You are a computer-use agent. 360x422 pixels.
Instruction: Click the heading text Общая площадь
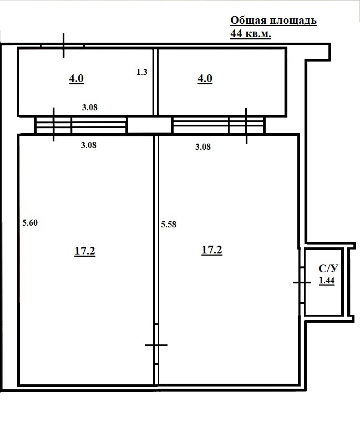click(x=273, y=21)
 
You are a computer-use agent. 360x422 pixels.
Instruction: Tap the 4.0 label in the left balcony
click(x=76, y=79)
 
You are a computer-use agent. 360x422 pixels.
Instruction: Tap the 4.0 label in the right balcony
click(x=205, y=79)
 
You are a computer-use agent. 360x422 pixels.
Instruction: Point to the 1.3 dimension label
click(x=141, y=72)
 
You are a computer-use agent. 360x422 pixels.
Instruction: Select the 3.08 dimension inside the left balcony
click(x=89, y=108)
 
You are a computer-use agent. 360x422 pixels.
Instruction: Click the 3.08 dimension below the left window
click(x=89, y=145)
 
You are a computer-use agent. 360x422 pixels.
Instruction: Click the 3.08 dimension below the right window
click(x=204, y=147)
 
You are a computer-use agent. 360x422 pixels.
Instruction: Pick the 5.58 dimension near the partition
click(x=169, y=225)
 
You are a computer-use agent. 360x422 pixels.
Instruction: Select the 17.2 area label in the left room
click(x=85, y=251)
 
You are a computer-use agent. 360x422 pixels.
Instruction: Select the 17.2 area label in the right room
click(x=212, y=250)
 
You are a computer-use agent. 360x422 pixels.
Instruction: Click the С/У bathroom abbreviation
click(x=328, y=269)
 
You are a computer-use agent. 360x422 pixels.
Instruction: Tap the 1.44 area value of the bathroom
click(x=327, y=281)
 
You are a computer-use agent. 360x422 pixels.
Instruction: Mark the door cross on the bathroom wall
click(x=302, y=282)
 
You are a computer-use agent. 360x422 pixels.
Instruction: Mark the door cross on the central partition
click(x=156, y=345)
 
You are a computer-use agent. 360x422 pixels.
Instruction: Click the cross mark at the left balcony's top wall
click(x=64, y=46)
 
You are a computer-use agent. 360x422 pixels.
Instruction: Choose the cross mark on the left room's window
click(x=53, y=125)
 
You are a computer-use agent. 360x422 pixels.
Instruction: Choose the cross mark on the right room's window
click(x=246, y=126)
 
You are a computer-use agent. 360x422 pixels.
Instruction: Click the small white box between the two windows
click(x=149, y=125)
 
